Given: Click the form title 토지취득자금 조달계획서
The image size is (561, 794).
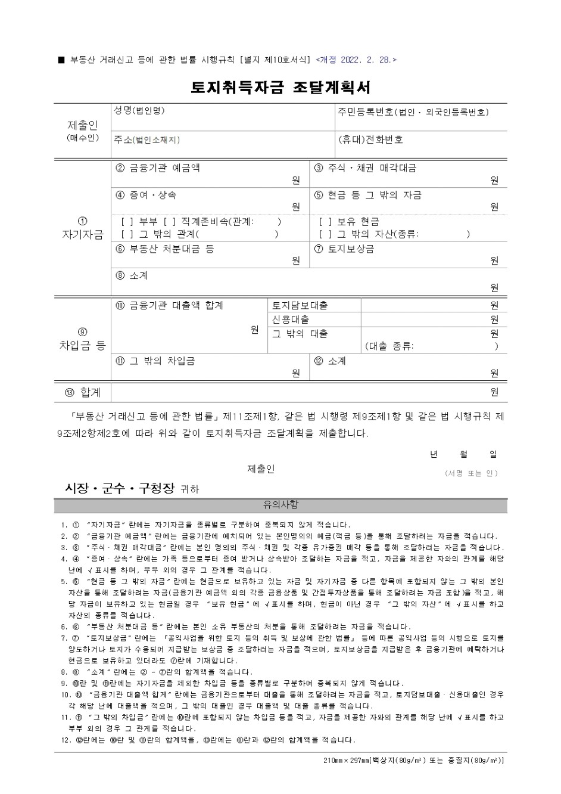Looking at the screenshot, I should pyautogui.click(x=280, y=88).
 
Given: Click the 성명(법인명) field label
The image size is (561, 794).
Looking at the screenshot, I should pyautogui.click(x=139, y=111).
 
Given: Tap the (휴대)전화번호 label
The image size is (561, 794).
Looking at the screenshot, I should pyautogui.click(x=370, y=139).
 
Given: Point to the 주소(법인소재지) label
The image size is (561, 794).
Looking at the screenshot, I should pyautogui.click(x=147, y=139).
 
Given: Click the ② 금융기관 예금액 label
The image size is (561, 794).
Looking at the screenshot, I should pyautogui.click(x=158, y=168).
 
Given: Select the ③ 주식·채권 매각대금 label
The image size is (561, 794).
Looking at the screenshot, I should pyautogui.click(x=365, y=168).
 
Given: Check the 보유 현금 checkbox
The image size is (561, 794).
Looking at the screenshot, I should pyautogui.click(x=325, y=222).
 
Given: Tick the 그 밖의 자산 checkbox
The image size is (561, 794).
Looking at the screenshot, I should pyautogui.click(x=325, y=234).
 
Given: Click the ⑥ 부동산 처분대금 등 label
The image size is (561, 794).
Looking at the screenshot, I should pyautogui.click(x=164, y=249).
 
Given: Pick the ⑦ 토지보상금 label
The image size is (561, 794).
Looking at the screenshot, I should pyautogui.click(x=344, y=249).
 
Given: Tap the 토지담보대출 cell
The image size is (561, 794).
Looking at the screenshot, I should pyautogui.click(x=300, y=306).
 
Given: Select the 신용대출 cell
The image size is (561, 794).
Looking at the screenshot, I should pyautogui.click(x=291, y=320).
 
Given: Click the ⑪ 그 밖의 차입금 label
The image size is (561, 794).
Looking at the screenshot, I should pyautogui.click(x=155, y=361).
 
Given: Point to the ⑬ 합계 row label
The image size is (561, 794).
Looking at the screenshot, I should pyautogui.click(x=82, y=392).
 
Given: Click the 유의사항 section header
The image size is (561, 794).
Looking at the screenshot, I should pyautogui.click(x=280, y=505).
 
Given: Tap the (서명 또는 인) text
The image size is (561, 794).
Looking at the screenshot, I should pyautogui.click(x=471, y=473).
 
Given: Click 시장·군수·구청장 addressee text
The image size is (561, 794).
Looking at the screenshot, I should pyautogui.click(x=120, y=489).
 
